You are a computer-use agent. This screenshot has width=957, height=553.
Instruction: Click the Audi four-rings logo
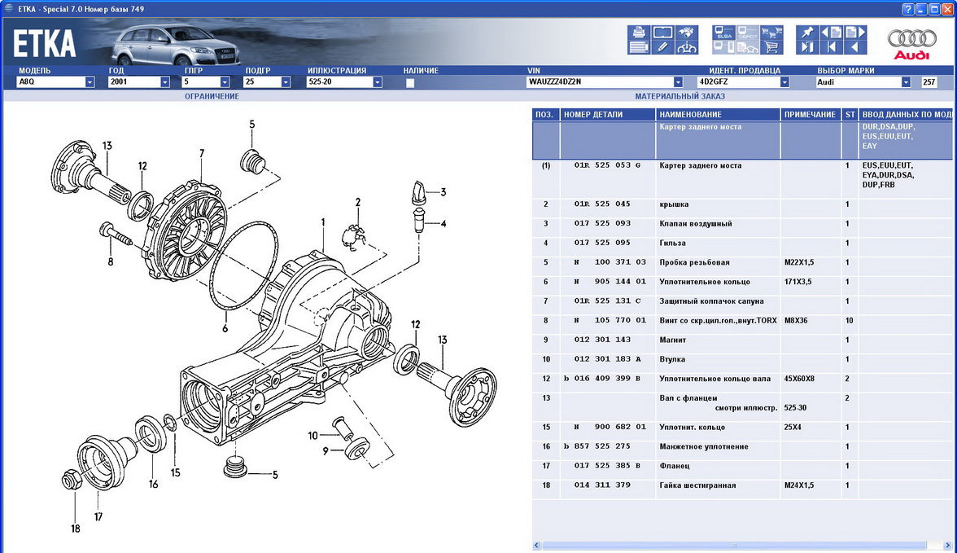(911, 39)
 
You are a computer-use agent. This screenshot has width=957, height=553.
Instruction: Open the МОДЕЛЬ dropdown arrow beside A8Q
(90, 82)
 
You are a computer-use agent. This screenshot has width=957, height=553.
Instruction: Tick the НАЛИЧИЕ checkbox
(410, 82)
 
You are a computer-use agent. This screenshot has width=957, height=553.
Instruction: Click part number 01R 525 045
(602, 204)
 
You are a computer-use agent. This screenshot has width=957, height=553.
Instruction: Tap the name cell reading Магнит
(672, 340)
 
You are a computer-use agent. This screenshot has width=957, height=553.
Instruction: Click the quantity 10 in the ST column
(849, 320)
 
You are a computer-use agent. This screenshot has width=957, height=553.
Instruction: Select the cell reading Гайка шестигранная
(697, 485)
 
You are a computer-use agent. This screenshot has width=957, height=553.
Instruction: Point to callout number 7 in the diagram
(202, 153)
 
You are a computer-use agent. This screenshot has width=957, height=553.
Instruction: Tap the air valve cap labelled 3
(418, 192)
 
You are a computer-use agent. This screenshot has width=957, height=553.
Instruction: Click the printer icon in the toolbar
(638, 33)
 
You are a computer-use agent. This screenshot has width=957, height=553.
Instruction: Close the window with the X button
(947, 9)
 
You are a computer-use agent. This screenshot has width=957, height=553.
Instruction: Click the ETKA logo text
(45, 44)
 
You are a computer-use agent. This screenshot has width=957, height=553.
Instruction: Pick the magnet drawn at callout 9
(357, 448)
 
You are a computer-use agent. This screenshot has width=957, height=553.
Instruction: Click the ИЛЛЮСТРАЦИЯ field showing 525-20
(339, 82)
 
